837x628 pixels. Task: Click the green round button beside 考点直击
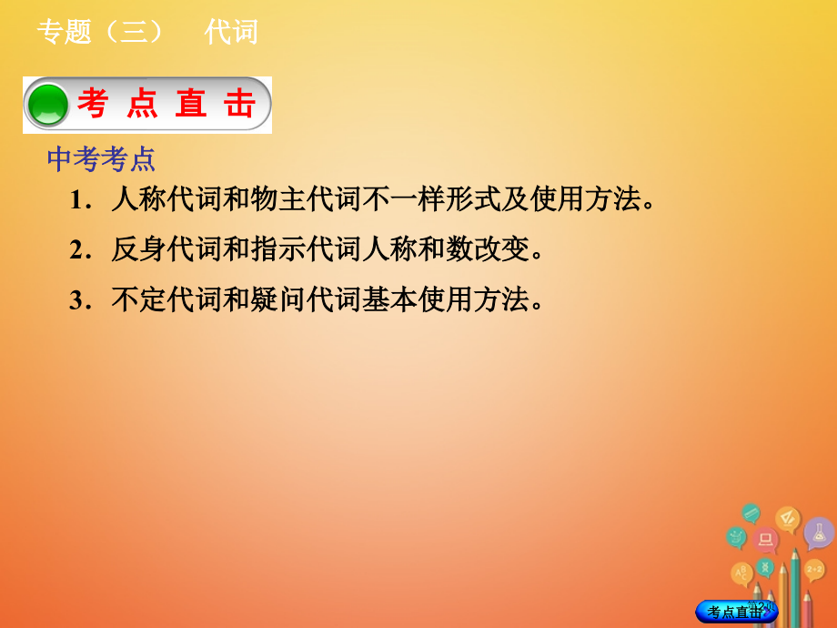click(x=48, y=105)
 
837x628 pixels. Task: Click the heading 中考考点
click(x=101, y=160)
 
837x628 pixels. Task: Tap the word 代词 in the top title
click(x=231, y=33)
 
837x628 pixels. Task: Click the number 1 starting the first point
click(x=76, y=200)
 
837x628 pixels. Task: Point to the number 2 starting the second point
click(x=76, y=249)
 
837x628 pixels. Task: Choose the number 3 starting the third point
click(x=76, y=299)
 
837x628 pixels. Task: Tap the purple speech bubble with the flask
click(x=819, y=533)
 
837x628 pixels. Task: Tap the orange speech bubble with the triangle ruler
click(x=788, y=520)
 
